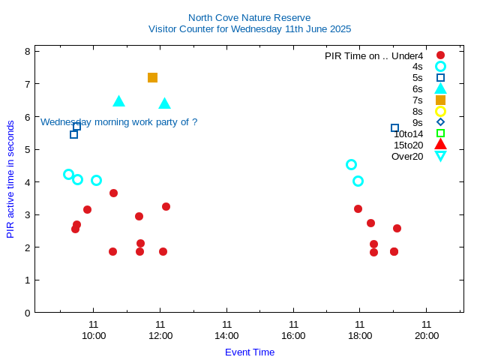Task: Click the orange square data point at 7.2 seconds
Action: tap(152, 77)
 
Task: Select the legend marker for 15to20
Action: tap(440, 145)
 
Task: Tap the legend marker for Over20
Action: tap(440, 156)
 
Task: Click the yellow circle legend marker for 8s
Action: tap(440, 111)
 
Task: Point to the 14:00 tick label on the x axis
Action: tap(226, 335)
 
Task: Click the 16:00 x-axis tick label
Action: tap(293, 335)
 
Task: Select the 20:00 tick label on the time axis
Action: tap(427, 335)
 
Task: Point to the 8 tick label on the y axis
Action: tap(27, 52)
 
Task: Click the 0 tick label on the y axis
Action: tap(27, 313)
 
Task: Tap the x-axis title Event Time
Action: tap(250, 352)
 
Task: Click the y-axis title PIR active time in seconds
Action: tap(10, 179)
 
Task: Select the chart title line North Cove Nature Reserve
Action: tap(249, 17)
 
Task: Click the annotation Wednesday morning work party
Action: tap(118, 121)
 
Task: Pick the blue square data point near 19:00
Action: tap(394, 127)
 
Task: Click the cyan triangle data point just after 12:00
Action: tap(164, 103)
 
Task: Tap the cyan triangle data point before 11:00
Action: tap(118, 101)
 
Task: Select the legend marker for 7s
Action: tap(440, 100)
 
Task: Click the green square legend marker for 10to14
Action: tap(440, 133)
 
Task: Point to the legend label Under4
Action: tap(407, 55)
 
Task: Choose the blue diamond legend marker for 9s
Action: tap(440, 122)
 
